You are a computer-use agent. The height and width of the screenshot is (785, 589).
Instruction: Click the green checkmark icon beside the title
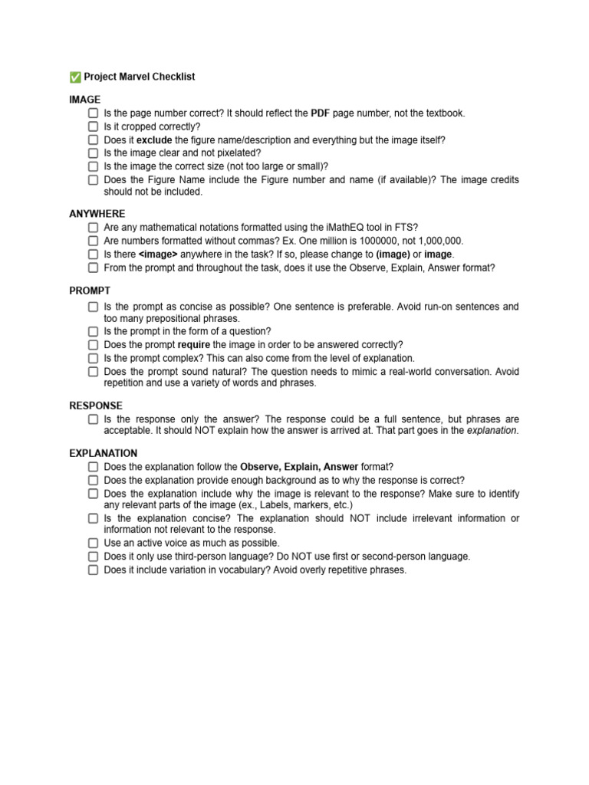pyautogui.click(x=75, y=77)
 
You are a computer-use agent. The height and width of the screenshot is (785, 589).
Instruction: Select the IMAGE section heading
pyautogui.click(x=84, y=100)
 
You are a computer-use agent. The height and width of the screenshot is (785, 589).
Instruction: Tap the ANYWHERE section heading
pyautogui.click(x=97, y=214)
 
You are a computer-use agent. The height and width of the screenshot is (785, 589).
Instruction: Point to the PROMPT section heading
pyautogui.click(x=90, y=291)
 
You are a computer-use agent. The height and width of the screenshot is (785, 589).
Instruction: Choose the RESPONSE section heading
pyautogui.click(x=96, y=406)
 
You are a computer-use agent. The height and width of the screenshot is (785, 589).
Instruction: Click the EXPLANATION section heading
pyautogui.click(x=104, y=453)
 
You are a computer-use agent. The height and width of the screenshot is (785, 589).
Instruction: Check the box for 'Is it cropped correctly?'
pyautogui.click(x=93, y=126)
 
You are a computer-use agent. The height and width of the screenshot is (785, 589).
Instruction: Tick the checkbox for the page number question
pyautogui.click(x=93, y=113)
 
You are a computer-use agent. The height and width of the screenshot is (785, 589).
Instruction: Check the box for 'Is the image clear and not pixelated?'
pyautogui.click(x=93, y=153)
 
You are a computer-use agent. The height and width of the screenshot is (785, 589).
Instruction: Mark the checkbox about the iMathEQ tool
pyautogui.click(x=93, y=228)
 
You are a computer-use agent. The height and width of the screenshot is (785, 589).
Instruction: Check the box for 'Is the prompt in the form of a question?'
pyautogui.click(x=93, y=331)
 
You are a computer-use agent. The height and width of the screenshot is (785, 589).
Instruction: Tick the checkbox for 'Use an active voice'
pyautogui.click(x=93, y=543)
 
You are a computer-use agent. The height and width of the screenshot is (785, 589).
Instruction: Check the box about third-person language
pyautogui.click(x=93, y=557)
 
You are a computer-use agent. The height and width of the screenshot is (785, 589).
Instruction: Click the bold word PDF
pyautogui.click(x=321, y=113)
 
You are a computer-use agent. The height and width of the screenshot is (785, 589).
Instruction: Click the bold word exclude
pyautogui.click(x=154, y=140)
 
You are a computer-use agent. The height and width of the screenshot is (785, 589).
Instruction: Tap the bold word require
pyautogui.click(x=194, y=345)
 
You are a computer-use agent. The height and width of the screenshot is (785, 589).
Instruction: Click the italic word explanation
pyautogui.click(x=492, y=431)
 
